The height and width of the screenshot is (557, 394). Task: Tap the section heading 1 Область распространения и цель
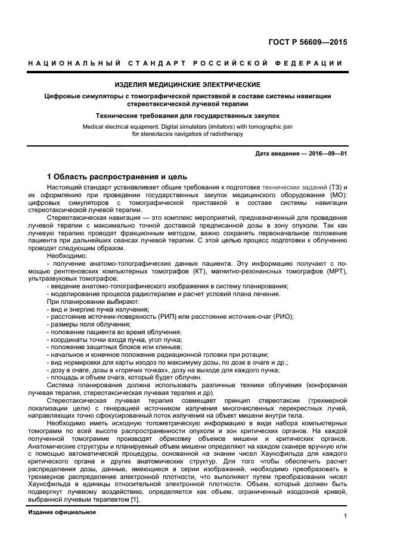click(117, 177)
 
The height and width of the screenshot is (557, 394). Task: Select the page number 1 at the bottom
click(345, 516)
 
